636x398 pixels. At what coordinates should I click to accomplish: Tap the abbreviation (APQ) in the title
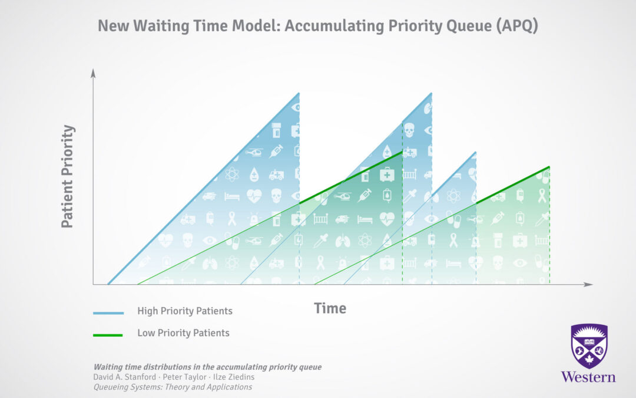517,25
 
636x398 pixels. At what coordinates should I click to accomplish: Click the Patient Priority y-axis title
68,176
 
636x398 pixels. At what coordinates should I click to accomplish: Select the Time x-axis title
330,308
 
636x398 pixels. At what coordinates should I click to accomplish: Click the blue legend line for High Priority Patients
108,313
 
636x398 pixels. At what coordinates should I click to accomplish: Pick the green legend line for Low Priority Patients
108,335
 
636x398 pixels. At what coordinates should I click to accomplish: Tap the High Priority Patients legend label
185,311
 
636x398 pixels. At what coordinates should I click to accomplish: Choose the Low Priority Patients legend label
183,333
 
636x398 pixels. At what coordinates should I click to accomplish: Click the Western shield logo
589,346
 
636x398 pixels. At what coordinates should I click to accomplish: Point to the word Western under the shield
588,377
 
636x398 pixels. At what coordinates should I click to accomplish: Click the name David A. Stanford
124,377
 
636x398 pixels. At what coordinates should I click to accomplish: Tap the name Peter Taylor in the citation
184,377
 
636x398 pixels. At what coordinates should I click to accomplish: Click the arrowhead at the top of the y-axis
93,73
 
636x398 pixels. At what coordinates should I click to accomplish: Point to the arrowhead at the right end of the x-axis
588,284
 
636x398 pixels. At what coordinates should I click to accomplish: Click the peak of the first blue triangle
299,93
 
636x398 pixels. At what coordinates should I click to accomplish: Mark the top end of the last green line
549,166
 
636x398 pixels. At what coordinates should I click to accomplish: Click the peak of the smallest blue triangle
475,152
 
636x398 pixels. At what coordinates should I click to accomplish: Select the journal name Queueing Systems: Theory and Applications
173,387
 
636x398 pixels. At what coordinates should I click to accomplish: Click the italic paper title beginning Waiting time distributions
208,367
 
